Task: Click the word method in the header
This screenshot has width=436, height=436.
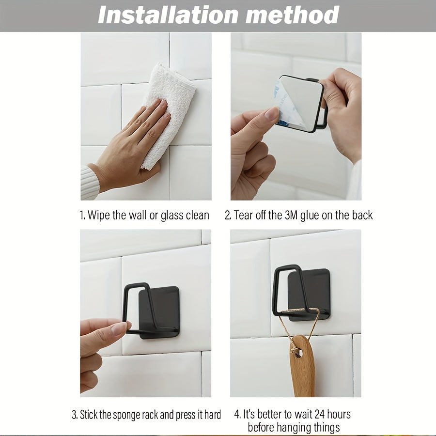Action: pyautogui.click(x=293, y=15)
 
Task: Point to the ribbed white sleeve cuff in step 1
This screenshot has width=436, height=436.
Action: pyautogui.click(x=89, y=182)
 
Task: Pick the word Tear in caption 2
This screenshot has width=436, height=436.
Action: pyautogui.click(x=241, y=215)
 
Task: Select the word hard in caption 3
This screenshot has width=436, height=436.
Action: pyautogui.click(x=213, y=415)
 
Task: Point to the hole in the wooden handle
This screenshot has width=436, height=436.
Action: pyautogui.click(x=298, y=354)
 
